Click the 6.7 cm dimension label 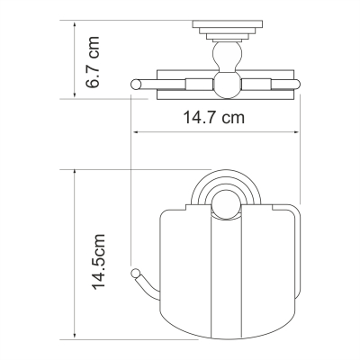tap(92, 62)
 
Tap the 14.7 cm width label tap(213, 117)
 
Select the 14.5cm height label tap(99, 262)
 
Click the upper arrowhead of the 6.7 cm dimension tap(75, 24)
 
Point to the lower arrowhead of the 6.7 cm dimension tap(75, 94)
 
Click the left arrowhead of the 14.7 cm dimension tap(137, 132)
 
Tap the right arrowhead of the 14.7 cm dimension tap(295, 132)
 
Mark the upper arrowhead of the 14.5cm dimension tap(75, 174)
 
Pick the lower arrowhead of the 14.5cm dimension tap(75, 336)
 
